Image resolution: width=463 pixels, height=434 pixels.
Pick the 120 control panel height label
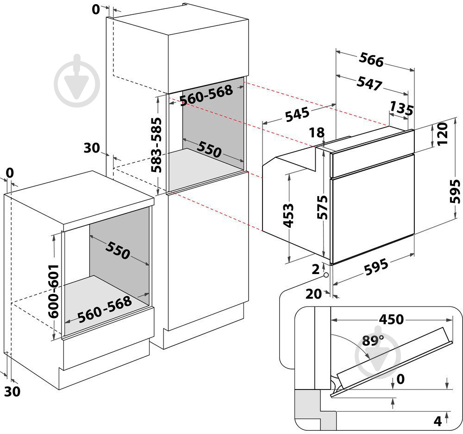pos(443,134)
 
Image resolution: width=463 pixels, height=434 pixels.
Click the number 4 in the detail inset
pos(437,421)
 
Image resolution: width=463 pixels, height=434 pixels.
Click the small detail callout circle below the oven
pos(326,274)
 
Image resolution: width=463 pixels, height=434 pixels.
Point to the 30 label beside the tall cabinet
pos(92,148)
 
